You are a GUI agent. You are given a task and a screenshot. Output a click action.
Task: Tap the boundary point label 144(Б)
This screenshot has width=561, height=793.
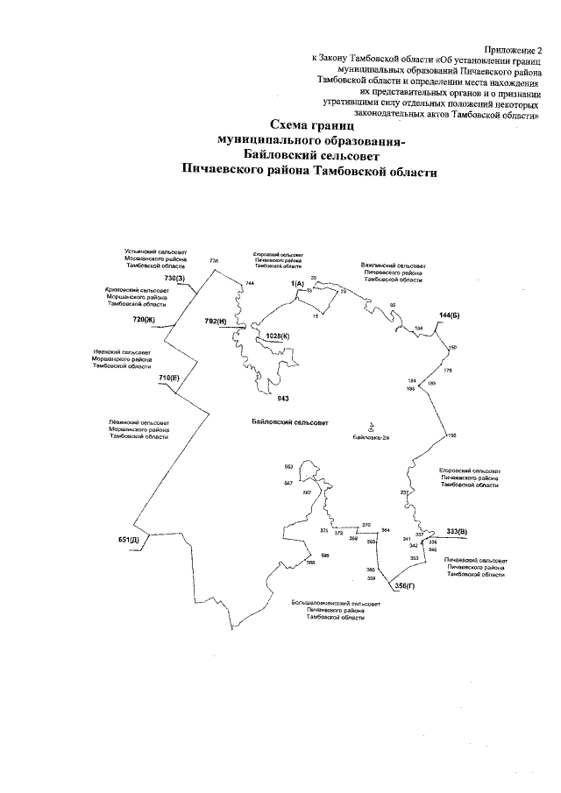450,313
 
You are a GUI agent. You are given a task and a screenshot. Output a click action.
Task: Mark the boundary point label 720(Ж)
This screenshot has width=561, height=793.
143,320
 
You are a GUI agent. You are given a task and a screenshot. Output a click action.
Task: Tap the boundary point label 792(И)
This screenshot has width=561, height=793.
216,322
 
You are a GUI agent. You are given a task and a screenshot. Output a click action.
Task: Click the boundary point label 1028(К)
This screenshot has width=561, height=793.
278,335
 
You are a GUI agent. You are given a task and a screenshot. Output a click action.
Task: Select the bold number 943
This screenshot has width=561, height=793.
283,398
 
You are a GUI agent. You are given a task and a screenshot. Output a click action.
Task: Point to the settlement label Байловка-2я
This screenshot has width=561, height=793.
371,436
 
